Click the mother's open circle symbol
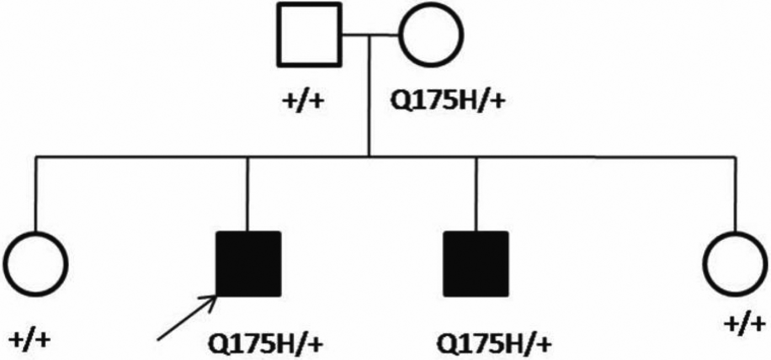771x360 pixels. (432, 35)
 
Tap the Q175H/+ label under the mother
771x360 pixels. (448, 103)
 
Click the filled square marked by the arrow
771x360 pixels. (248, 263)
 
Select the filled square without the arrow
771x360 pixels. (476, 263)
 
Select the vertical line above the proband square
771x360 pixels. (248, 193)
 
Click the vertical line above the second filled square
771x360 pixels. (476, 193)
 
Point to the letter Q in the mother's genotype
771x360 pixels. (401, 103)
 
